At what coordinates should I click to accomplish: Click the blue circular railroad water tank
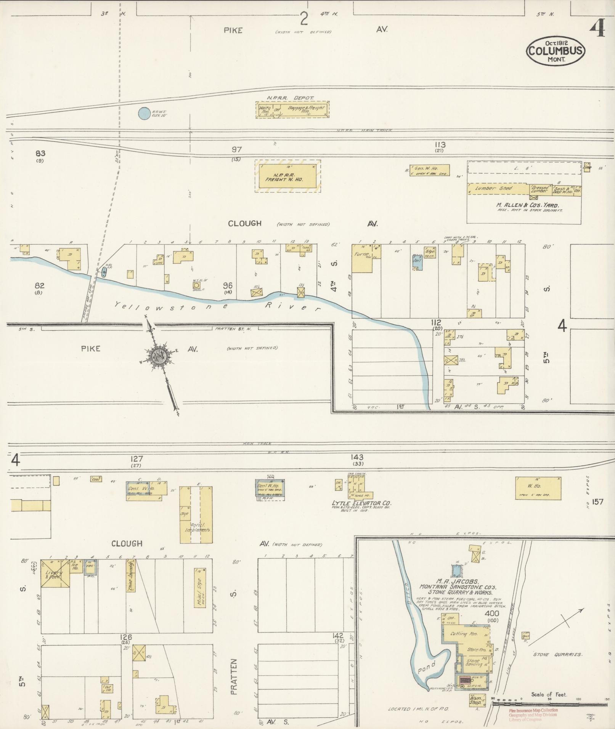[x=144, y=113]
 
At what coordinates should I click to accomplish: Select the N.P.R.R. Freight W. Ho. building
[x=287, y=176]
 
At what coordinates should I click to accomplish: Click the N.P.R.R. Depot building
[x=292, y=110]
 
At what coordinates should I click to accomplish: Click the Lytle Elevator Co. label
[x=361, y=503]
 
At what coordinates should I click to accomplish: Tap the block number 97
[x=236, y=150]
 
